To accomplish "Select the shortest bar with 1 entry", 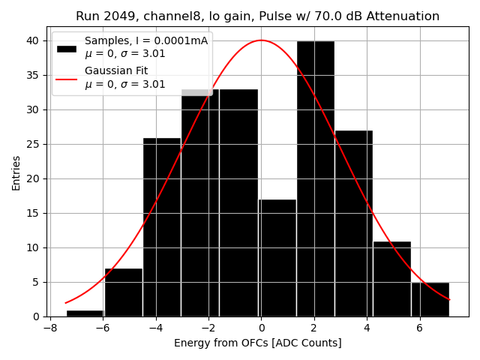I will pyautogui.click(x=85, y=313).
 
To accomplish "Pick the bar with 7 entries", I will pyautogui.click(x=123, y=292).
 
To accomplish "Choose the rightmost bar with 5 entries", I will pyautogui.click(x=430, y=299).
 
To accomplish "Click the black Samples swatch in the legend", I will pyautogui.click(x=67, y=48).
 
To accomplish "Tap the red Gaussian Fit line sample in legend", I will pyautogui.click(x=67, y=78).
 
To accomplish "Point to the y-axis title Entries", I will pyautogui.click(x=16, y=172).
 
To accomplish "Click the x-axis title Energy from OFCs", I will pyautogui.click(x=257, y=343).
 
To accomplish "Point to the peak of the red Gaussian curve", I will pyautogui.click(x=261, y=40).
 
